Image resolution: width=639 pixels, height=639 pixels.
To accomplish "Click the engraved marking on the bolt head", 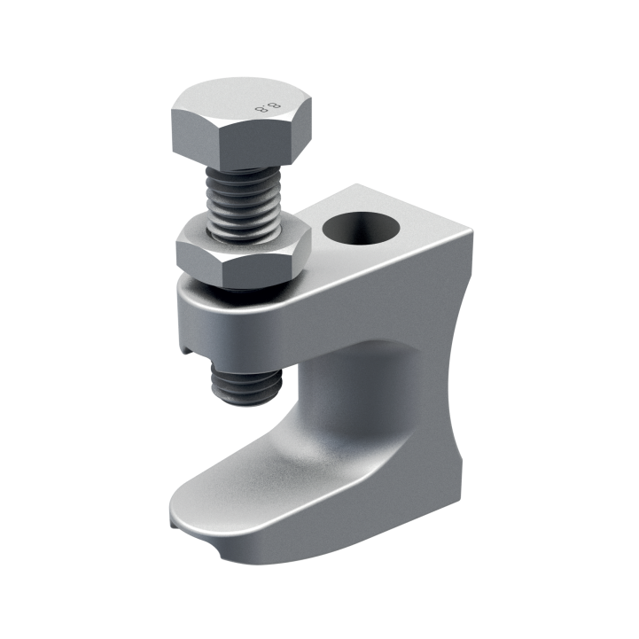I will click(x=263, y=109).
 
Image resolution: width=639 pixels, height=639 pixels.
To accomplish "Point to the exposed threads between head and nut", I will click(x=243, y=200).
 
